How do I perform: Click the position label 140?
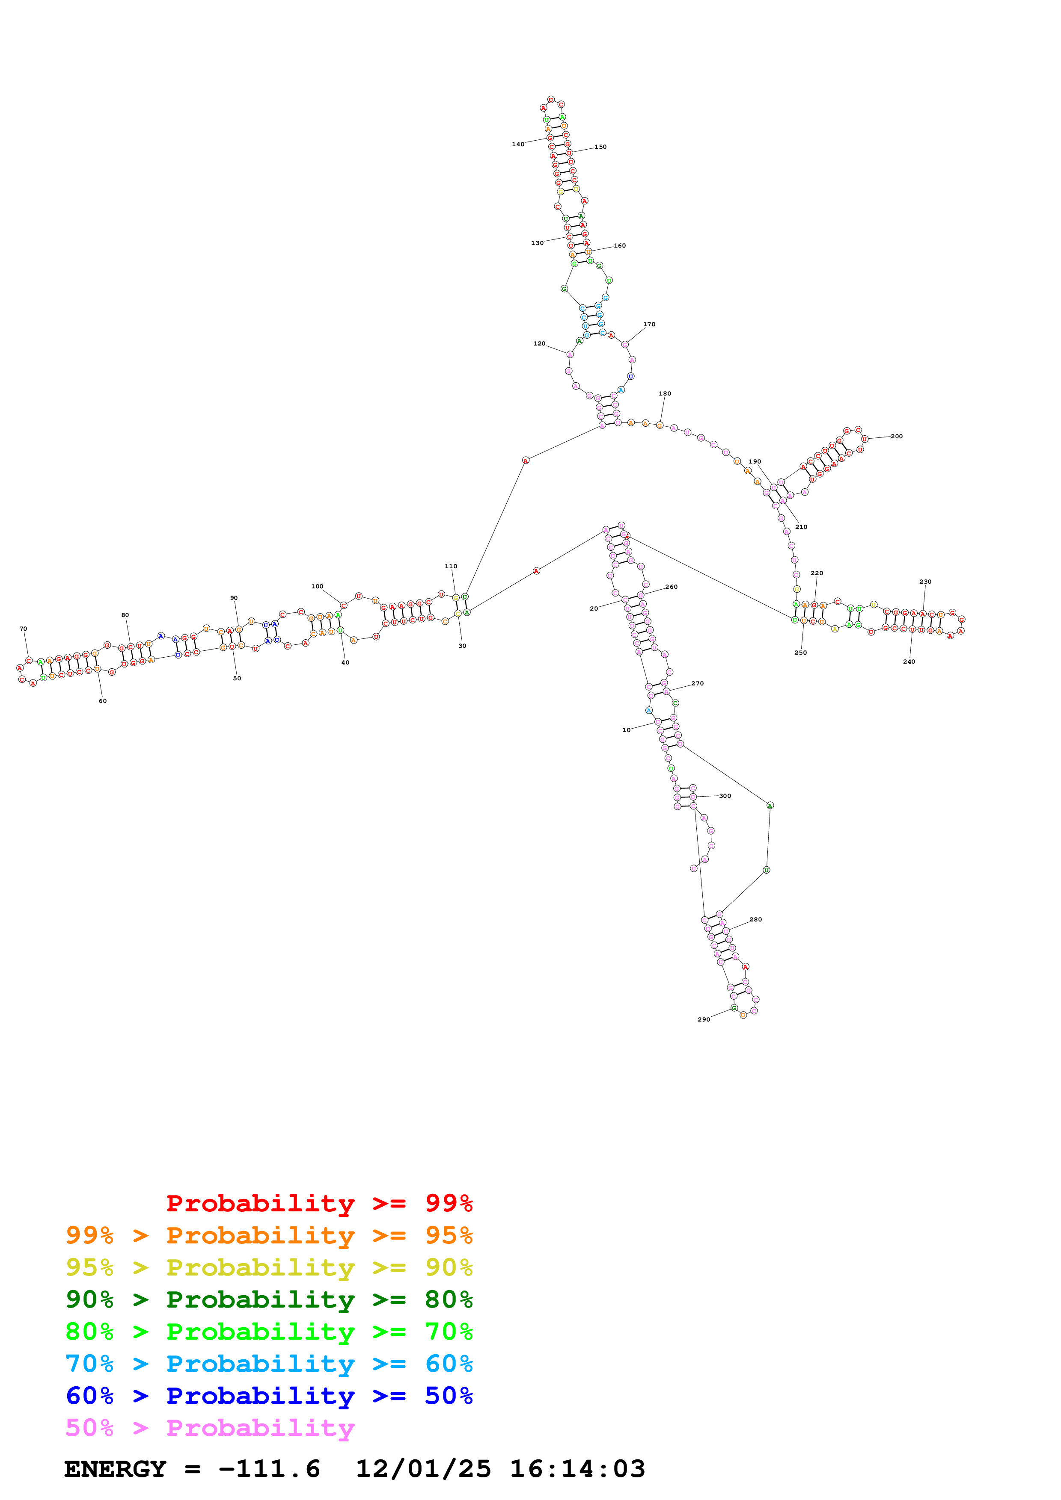click(518, 145)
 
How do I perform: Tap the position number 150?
click(600, 147)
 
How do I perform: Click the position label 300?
click(725, 796)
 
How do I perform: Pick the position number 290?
click(704, 1019)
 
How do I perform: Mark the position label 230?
click(925, 582)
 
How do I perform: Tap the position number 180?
click(665, 393)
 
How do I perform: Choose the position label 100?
click(317, 587)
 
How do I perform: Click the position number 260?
click(672, 587)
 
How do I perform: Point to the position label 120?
click(539, 344)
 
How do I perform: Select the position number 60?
click(103, 701)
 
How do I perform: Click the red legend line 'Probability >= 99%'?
click(319, 1203)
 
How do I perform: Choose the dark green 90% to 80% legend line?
click(269, 1299)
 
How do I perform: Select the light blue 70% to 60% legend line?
click(269, 1364)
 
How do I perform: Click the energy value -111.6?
click(269, 1469)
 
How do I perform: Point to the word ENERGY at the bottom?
click(115, 1469)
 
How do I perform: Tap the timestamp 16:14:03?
click(577, 1469)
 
